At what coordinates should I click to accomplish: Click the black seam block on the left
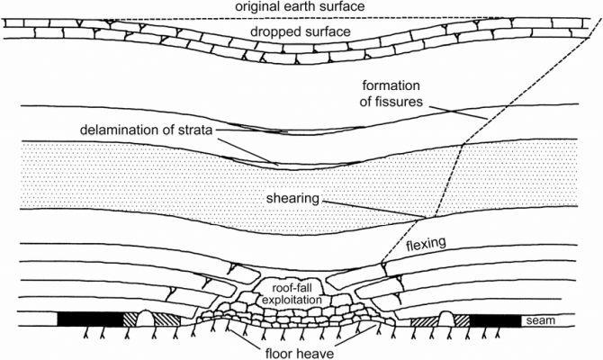(89, 319)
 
